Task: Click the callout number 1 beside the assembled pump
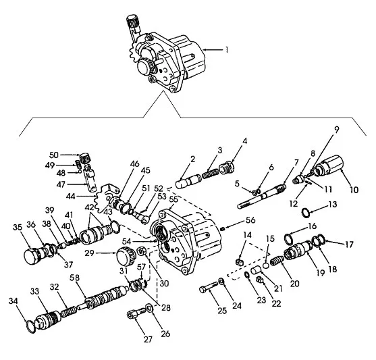click(226, 50)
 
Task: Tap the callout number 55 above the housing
click(173, 199)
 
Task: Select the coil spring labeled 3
click(211, 174)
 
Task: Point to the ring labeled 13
click(306, 212)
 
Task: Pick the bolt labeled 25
click(209, 287)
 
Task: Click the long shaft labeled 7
click(261, 197)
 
